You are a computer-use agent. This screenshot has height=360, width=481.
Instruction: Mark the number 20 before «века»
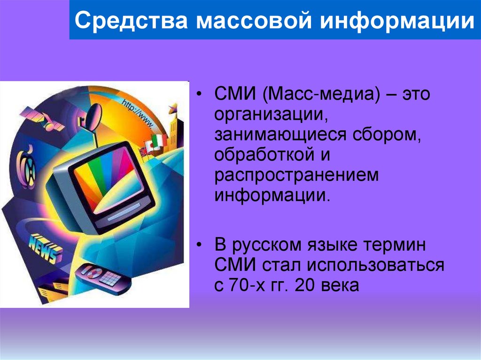[x=305, y=284]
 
